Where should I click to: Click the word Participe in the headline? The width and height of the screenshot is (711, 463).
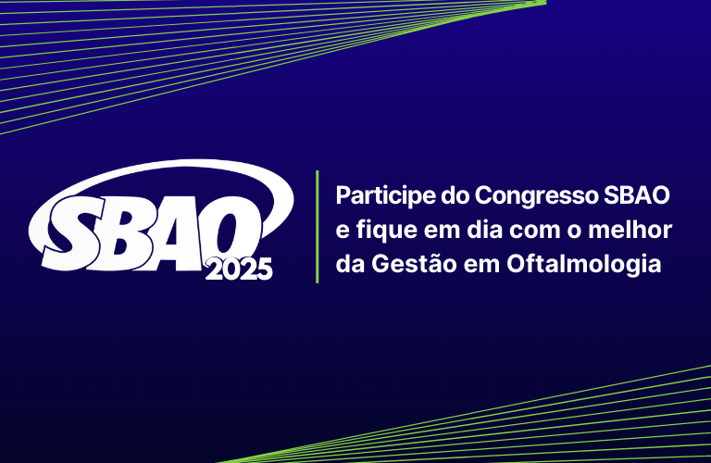coord(385,196)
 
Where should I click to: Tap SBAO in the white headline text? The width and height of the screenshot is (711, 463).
coord(637,195)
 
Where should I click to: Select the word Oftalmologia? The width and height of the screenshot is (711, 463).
coord(584,265)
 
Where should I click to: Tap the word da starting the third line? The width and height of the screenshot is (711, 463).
coord(351,264)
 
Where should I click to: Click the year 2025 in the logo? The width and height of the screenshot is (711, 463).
coord(239,269)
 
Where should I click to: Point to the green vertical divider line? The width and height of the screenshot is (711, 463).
coord(317,227)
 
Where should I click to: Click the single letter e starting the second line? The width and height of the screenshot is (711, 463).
coord(343,231)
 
